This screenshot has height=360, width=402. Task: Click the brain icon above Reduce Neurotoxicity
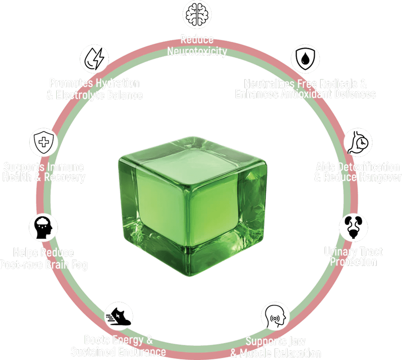197,15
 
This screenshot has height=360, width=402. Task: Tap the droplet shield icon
305,58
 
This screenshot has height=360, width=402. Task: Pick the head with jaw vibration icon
276,316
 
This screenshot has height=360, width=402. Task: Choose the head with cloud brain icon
44,227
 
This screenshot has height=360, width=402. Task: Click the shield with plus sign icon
44,142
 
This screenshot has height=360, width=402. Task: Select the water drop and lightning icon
95,58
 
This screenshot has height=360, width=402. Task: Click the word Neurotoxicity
197,51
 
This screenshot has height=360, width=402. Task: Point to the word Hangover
380,177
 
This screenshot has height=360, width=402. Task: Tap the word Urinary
338,251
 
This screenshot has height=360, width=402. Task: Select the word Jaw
294,341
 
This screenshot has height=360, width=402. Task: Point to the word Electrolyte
84,95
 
